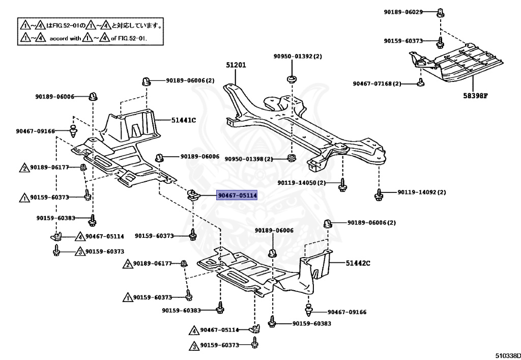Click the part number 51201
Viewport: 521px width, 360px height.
[236, 65]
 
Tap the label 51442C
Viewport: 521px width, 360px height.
[358, 263]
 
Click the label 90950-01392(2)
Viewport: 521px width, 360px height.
[298, 56]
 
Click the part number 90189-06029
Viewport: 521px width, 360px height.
[403, 12]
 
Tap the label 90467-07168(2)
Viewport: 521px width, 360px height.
[377, 84]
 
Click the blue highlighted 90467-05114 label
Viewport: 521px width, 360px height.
[238, 195]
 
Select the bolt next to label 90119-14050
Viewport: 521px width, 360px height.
[342, 185]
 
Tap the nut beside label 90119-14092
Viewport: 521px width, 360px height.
[379, 193]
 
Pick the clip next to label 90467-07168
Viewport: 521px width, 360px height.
[420, 82]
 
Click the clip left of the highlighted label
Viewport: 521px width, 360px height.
[193, 193]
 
